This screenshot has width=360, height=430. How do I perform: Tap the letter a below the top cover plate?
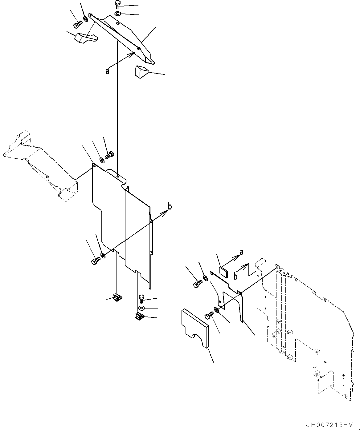tap(107, 71)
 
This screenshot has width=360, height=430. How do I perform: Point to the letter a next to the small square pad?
tap(241, 252)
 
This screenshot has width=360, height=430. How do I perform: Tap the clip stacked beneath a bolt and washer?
tap(138, 316)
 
